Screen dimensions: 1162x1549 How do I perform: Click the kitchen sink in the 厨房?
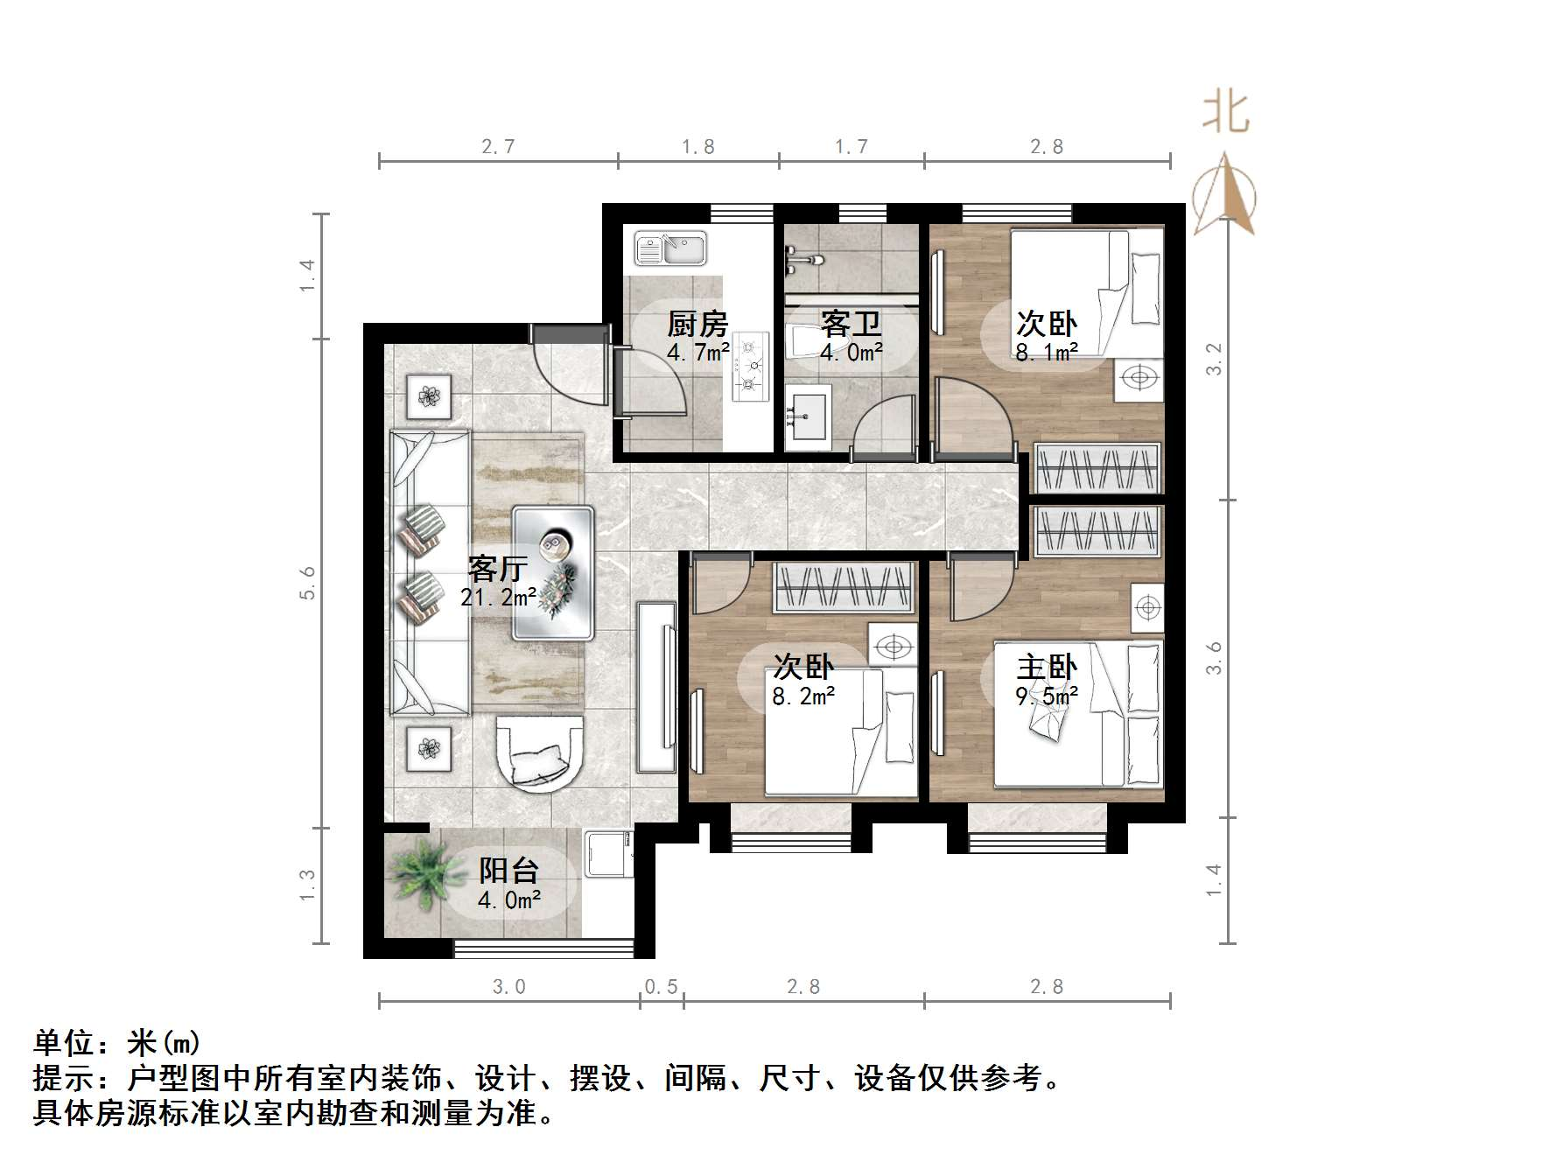pos(670,248)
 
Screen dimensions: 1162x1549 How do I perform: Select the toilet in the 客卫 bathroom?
pos(800,340)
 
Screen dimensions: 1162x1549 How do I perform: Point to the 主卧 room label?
pos(1046,667)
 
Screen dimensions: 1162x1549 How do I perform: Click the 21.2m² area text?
pos(498,598)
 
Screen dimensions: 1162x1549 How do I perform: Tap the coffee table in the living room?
pos(553,572)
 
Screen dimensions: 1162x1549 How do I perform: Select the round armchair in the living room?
pos(539,753)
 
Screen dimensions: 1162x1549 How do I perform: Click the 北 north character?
pos(1225,115)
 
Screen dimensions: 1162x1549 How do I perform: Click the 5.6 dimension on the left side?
pos(307,583)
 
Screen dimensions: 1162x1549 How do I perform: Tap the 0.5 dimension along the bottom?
pos(661,987)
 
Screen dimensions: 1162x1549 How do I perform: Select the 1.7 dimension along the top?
pos(851,146)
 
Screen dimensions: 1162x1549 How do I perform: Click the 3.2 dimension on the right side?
pos(1213,359)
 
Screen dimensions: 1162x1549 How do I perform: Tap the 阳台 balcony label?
pos(508,870)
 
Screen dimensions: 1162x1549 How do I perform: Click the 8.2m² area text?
pos(803,697)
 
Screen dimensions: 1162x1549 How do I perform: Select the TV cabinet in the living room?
pos(656,686)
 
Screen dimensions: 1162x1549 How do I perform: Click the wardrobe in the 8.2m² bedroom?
pos(844,586)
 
